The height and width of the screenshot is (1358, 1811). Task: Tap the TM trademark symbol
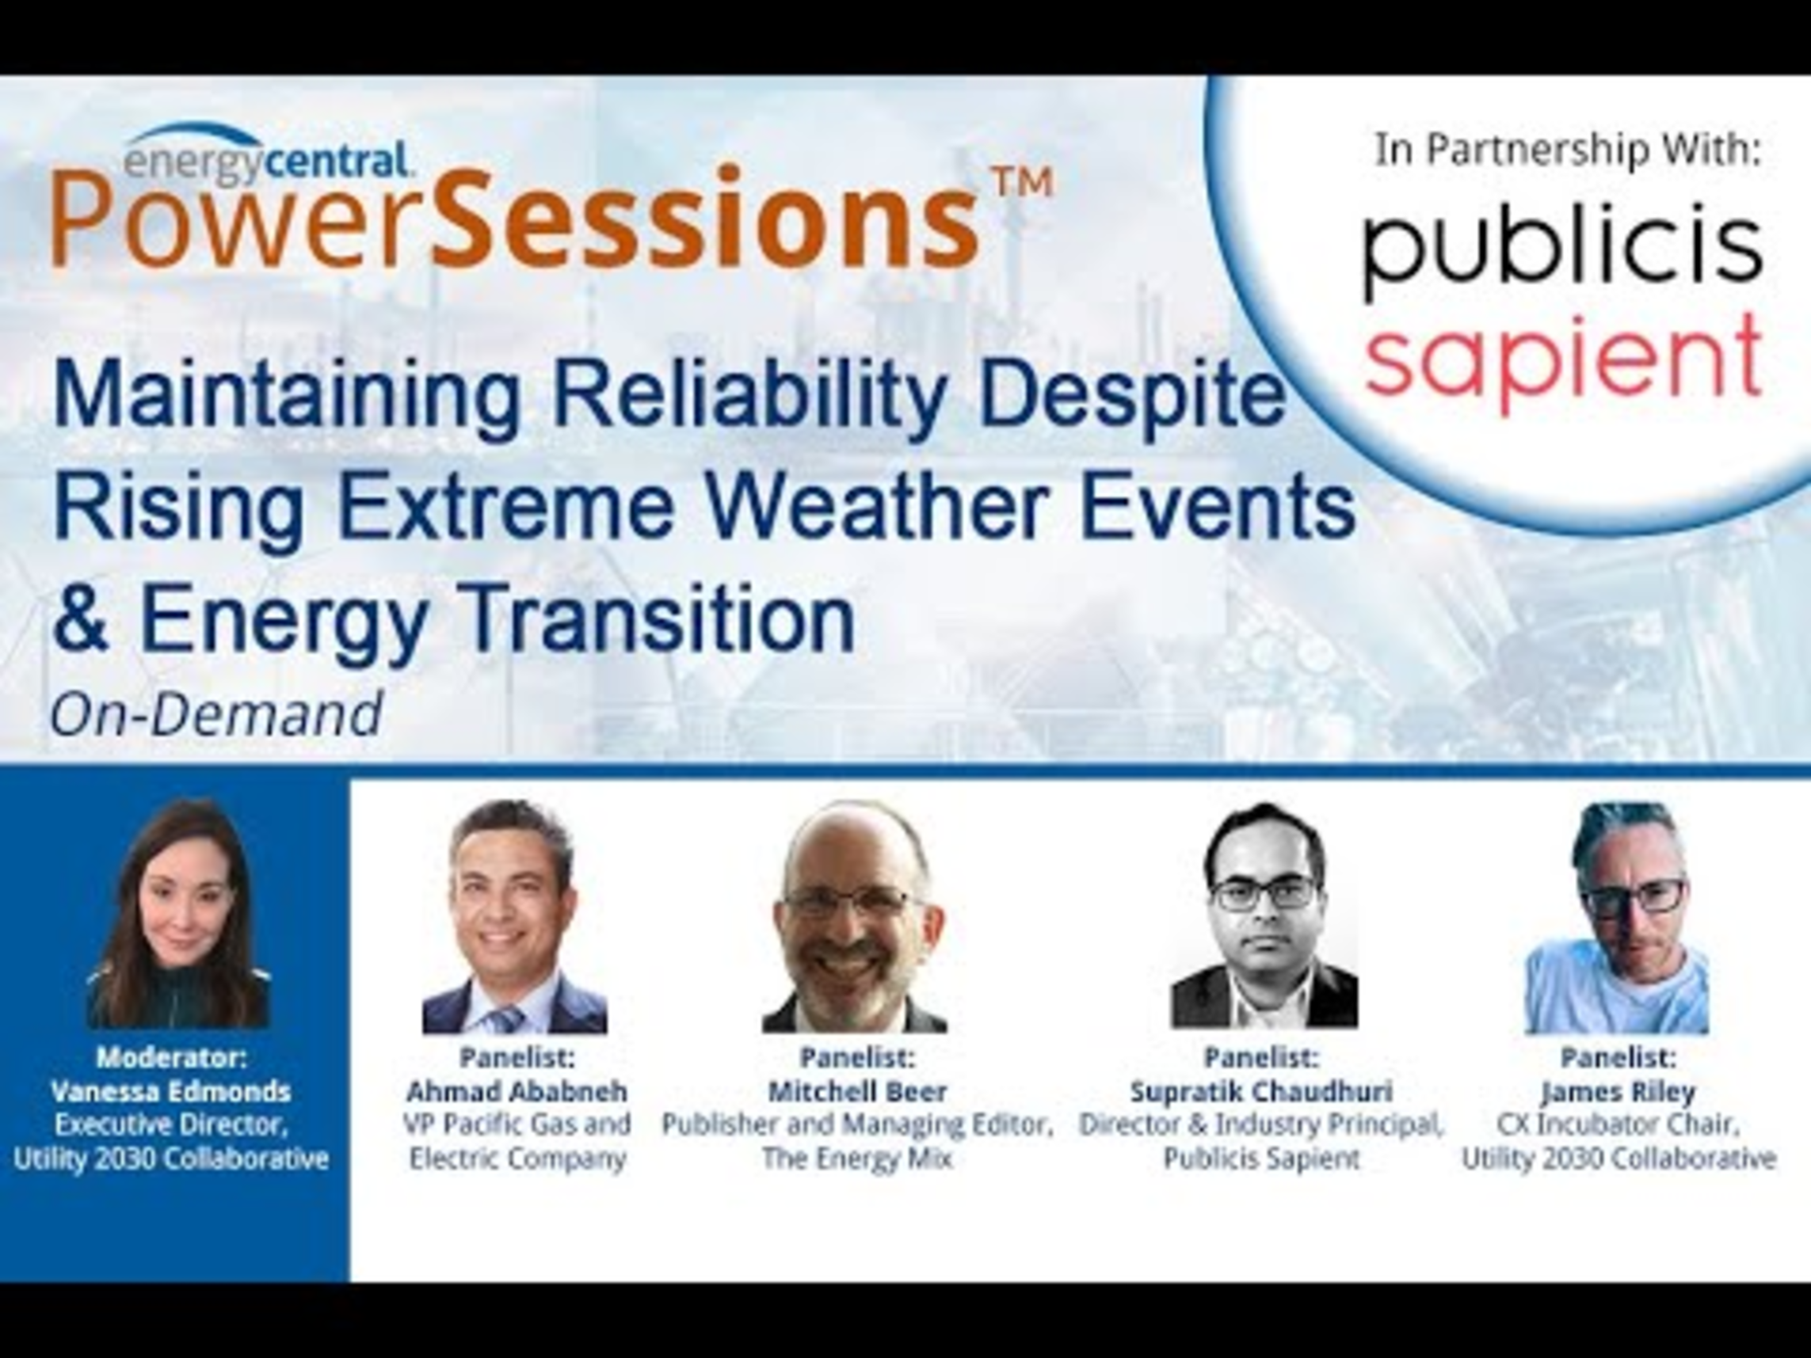click(x=1021, y=184)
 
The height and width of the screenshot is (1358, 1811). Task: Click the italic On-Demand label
click(x=217, y=713)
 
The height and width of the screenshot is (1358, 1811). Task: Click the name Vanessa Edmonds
click(x=170, y=1091)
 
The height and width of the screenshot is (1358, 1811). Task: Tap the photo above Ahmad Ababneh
click(x=515, y=916)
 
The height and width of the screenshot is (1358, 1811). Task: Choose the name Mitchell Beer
click(x=856, y=1091)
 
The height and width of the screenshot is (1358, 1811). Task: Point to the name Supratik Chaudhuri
click(x=1262, y=1091)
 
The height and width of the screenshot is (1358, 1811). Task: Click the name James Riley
click(x=1618, y=1092)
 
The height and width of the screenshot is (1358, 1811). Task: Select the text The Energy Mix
click(x=857, y=1159)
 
